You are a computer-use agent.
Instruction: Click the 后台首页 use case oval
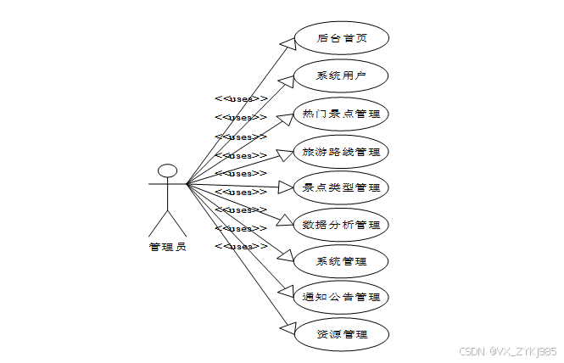pyautogui.click(x=341, y=38)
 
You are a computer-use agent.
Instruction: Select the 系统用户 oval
pyautogui.click(x=341, y=75)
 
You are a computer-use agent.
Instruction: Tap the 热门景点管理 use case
pyautogui.click(x=341, y=113)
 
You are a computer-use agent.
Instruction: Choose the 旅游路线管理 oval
pyautogui.click(x=341, y=152)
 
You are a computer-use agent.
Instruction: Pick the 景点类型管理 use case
pyautogui.click(x=341, y=187)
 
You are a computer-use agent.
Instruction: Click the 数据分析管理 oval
pyautogui.click(x=341, y=225)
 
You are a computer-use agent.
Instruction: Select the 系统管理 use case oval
pyautogui.click(x=341, y=261)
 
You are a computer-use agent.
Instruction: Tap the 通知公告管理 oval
pyautogui.click(x=341, y=298)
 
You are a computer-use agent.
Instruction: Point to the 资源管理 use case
pyautogui.click(x=341, y=334)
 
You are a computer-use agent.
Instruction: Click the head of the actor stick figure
pyautogui.click(x=168, y=170)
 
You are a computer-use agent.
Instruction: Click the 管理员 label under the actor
pyautogui.click(x=168, y=248)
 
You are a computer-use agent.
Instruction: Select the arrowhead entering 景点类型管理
pyautogui.click(x=285, y=187)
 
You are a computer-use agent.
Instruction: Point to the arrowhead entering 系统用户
pyautogui.click(x=285, y=80)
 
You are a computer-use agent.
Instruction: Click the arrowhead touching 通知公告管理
pyautogui.click(x=286, y=293)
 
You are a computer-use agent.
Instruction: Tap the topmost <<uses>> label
pyautogui.click(x=241, y=99)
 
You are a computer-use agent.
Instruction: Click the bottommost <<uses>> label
pyautogui.click(x=241, y=246)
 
